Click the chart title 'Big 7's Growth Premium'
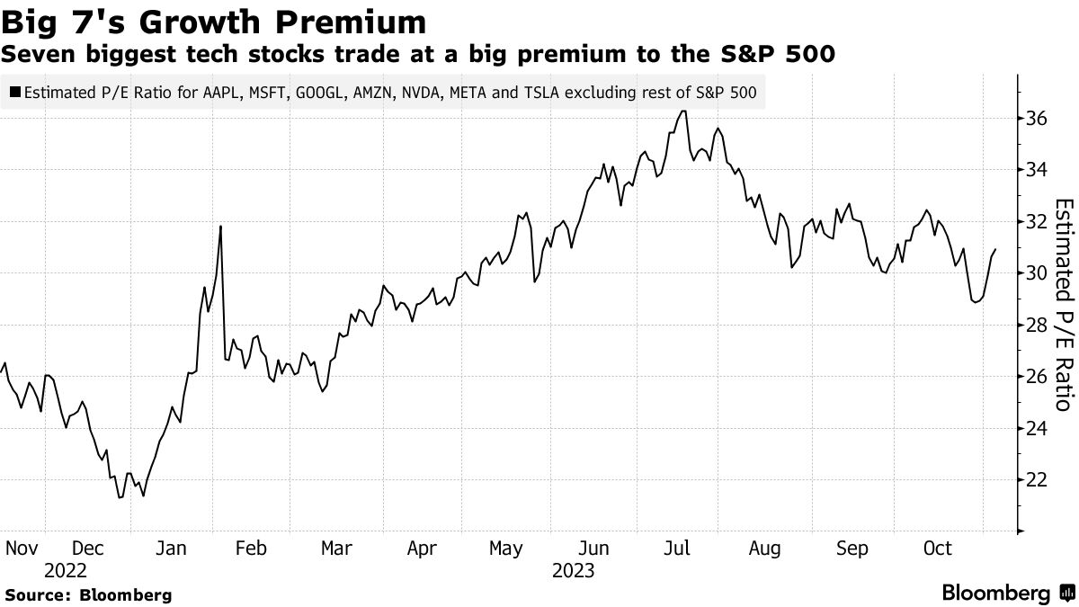(x=214, y=21)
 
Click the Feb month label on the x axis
(x=252, y=549)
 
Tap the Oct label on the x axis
(x=938, y=549)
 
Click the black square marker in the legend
(x=15, y=92)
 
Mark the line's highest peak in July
(x=684, y=111)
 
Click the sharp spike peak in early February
(x=220, y=226)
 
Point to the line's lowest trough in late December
(x=120, y=497)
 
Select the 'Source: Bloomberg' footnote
(x=88, y=594)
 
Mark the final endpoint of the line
(x=995, y=249)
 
